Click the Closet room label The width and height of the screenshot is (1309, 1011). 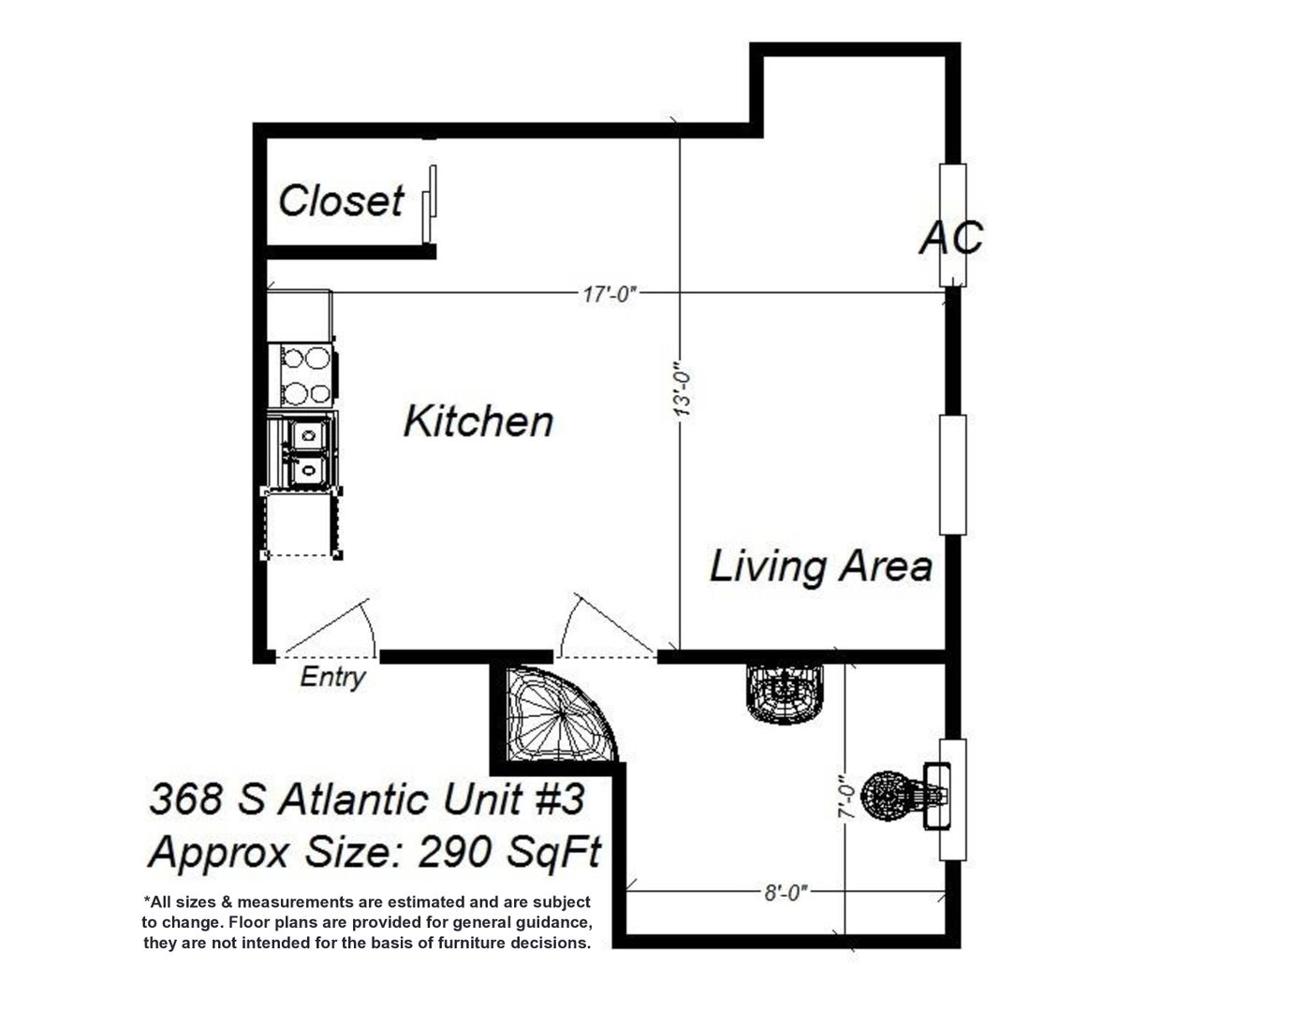pyautogui.click(x=340, y=200)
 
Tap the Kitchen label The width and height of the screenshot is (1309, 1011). pyautogui.click(x=478, y=421)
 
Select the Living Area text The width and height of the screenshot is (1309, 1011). pyautogui.click(x=821, y=566)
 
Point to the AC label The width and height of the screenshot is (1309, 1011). pyautogui.click(x=951, y=237)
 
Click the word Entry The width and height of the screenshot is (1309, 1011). pyautogui.click(x=332, y=678)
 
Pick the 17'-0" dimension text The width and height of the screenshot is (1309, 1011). pyautogui.click(x=610, y=295)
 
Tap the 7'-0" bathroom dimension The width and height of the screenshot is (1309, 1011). pyautogui.click(x=846, y=796)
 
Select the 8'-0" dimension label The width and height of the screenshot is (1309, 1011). pyautogui.click(x=786, y=893)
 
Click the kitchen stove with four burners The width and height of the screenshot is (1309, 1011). pyautogui.click(x=305, y=375)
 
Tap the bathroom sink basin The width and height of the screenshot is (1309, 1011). pyautogui.click(x=784, y=693)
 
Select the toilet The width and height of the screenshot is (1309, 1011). pyautogui.click(x=905, y=796)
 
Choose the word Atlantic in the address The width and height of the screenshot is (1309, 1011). pyautogui.click(x=354, y=800)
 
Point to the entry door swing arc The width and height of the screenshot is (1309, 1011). pyautogui.click(x=369, y=626)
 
